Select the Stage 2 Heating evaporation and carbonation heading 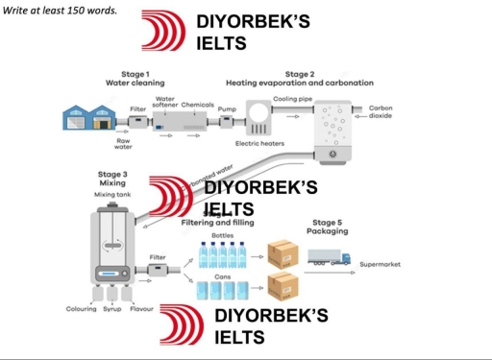[299, 79]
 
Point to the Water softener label [165, 102]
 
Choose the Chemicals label [197, 105]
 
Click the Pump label [228, 109]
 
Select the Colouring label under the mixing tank [81, 309]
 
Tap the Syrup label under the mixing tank [112, 309]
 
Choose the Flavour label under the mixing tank [142, 309]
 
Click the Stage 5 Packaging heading [327, 227]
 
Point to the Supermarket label [380, 264]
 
